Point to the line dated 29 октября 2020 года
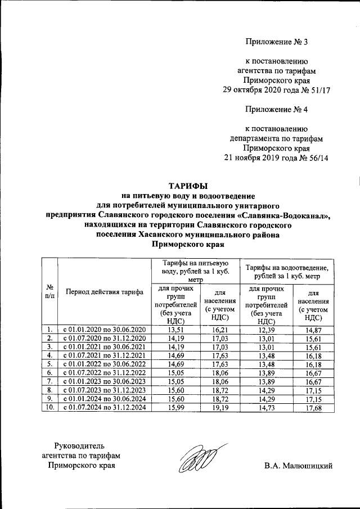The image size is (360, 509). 277,89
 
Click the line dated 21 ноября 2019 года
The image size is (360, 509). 277,157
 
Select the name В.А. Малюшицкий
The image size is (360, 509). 299,466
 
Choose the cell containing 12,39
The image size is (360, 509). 264,329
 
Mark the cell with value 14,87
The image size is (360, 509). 312,329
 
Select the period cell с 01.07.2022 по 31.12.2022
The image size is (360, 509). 104,372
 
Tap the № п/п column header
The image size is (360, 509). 50,292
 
